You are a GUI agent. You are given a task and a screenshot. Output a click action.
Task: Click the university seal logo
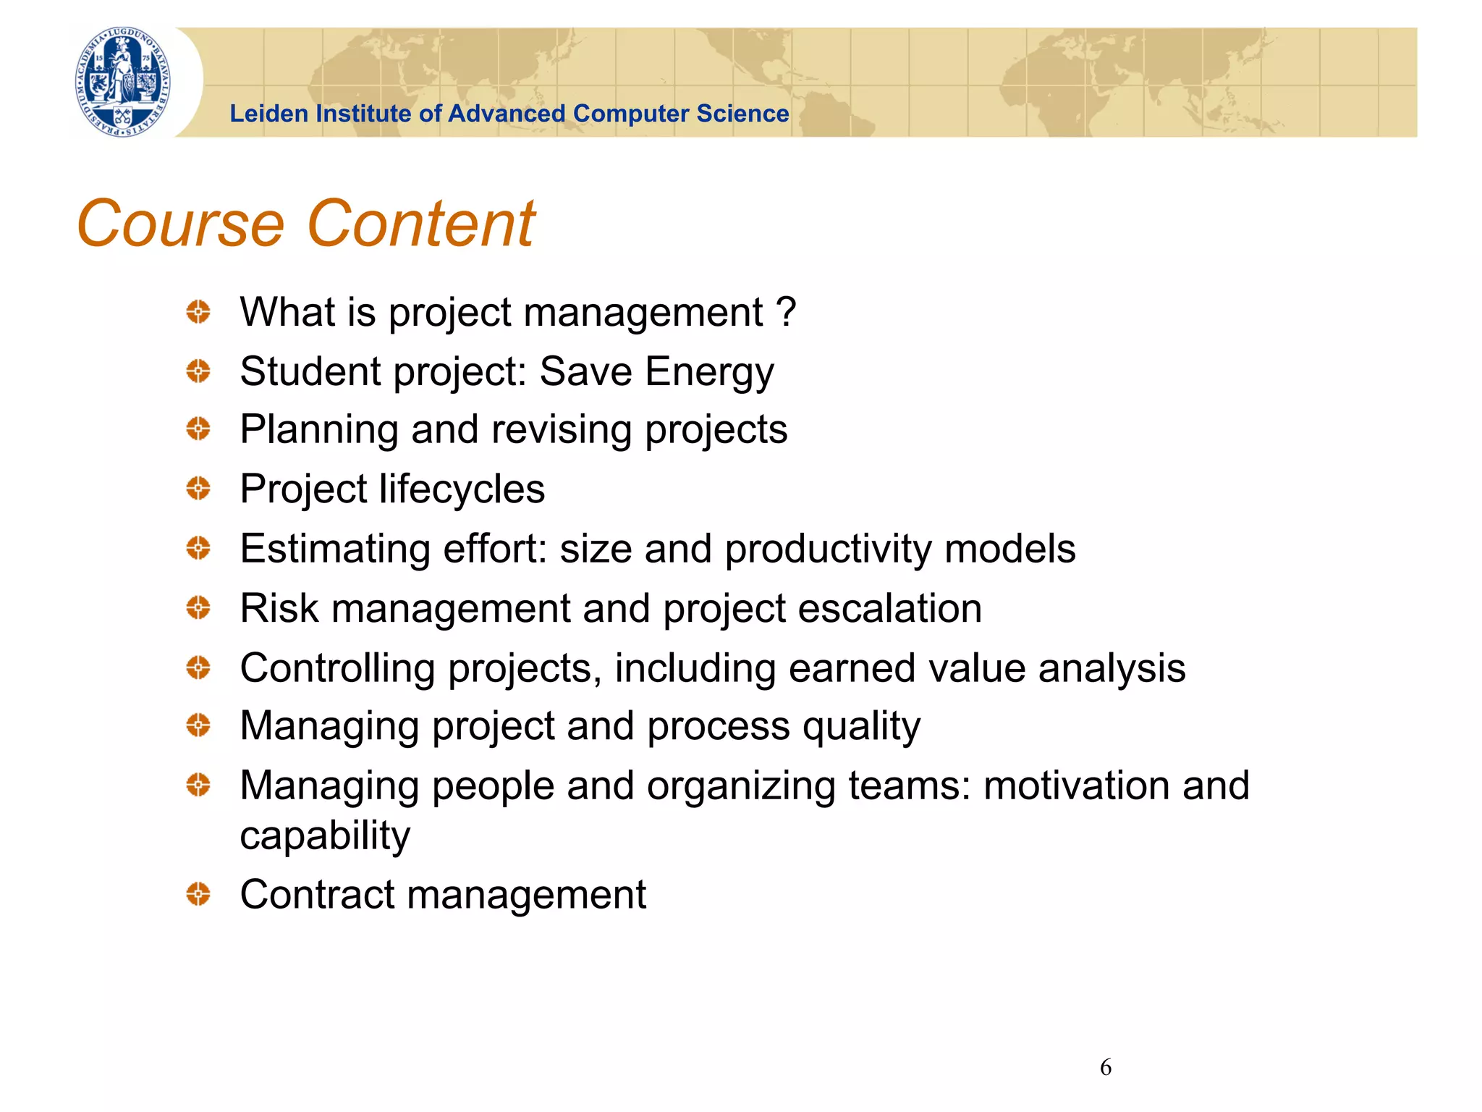point(124,82)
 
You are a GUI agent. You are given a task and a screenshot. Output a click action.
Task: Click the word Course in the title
point(181,224)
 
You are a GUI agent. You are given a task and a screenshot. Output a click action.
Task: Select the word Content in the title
point(421,224)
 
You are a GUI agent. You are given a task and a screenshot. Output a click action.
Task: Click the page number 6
point(1105,1067)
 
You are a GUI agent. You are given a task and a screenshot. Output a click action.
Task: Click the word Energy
point(709,372)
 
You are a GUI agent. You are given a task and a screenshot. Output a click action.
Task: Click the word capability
point(325,836)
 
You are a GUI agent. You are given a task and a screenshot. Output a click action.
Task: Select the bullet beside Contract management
point(198,894)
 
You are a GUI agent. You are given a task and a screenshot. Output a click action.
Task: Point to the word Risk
point(279,608)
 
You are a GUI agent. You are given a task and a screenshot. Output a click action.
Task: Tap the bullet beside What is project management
point(198,312)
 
